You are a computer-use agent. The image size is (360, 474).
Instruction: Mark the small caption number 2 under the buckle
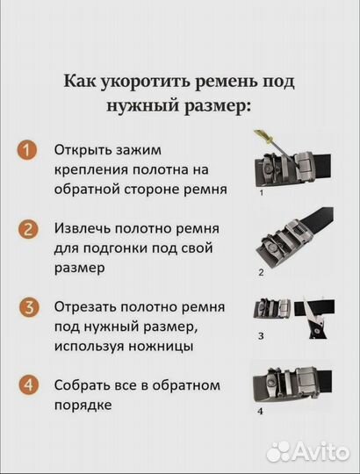pyautogui.click(x=260, y=273)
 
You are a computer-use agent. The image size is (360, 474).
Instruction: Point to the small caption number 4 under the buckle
pyautogui.click(x=260, y=410)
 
